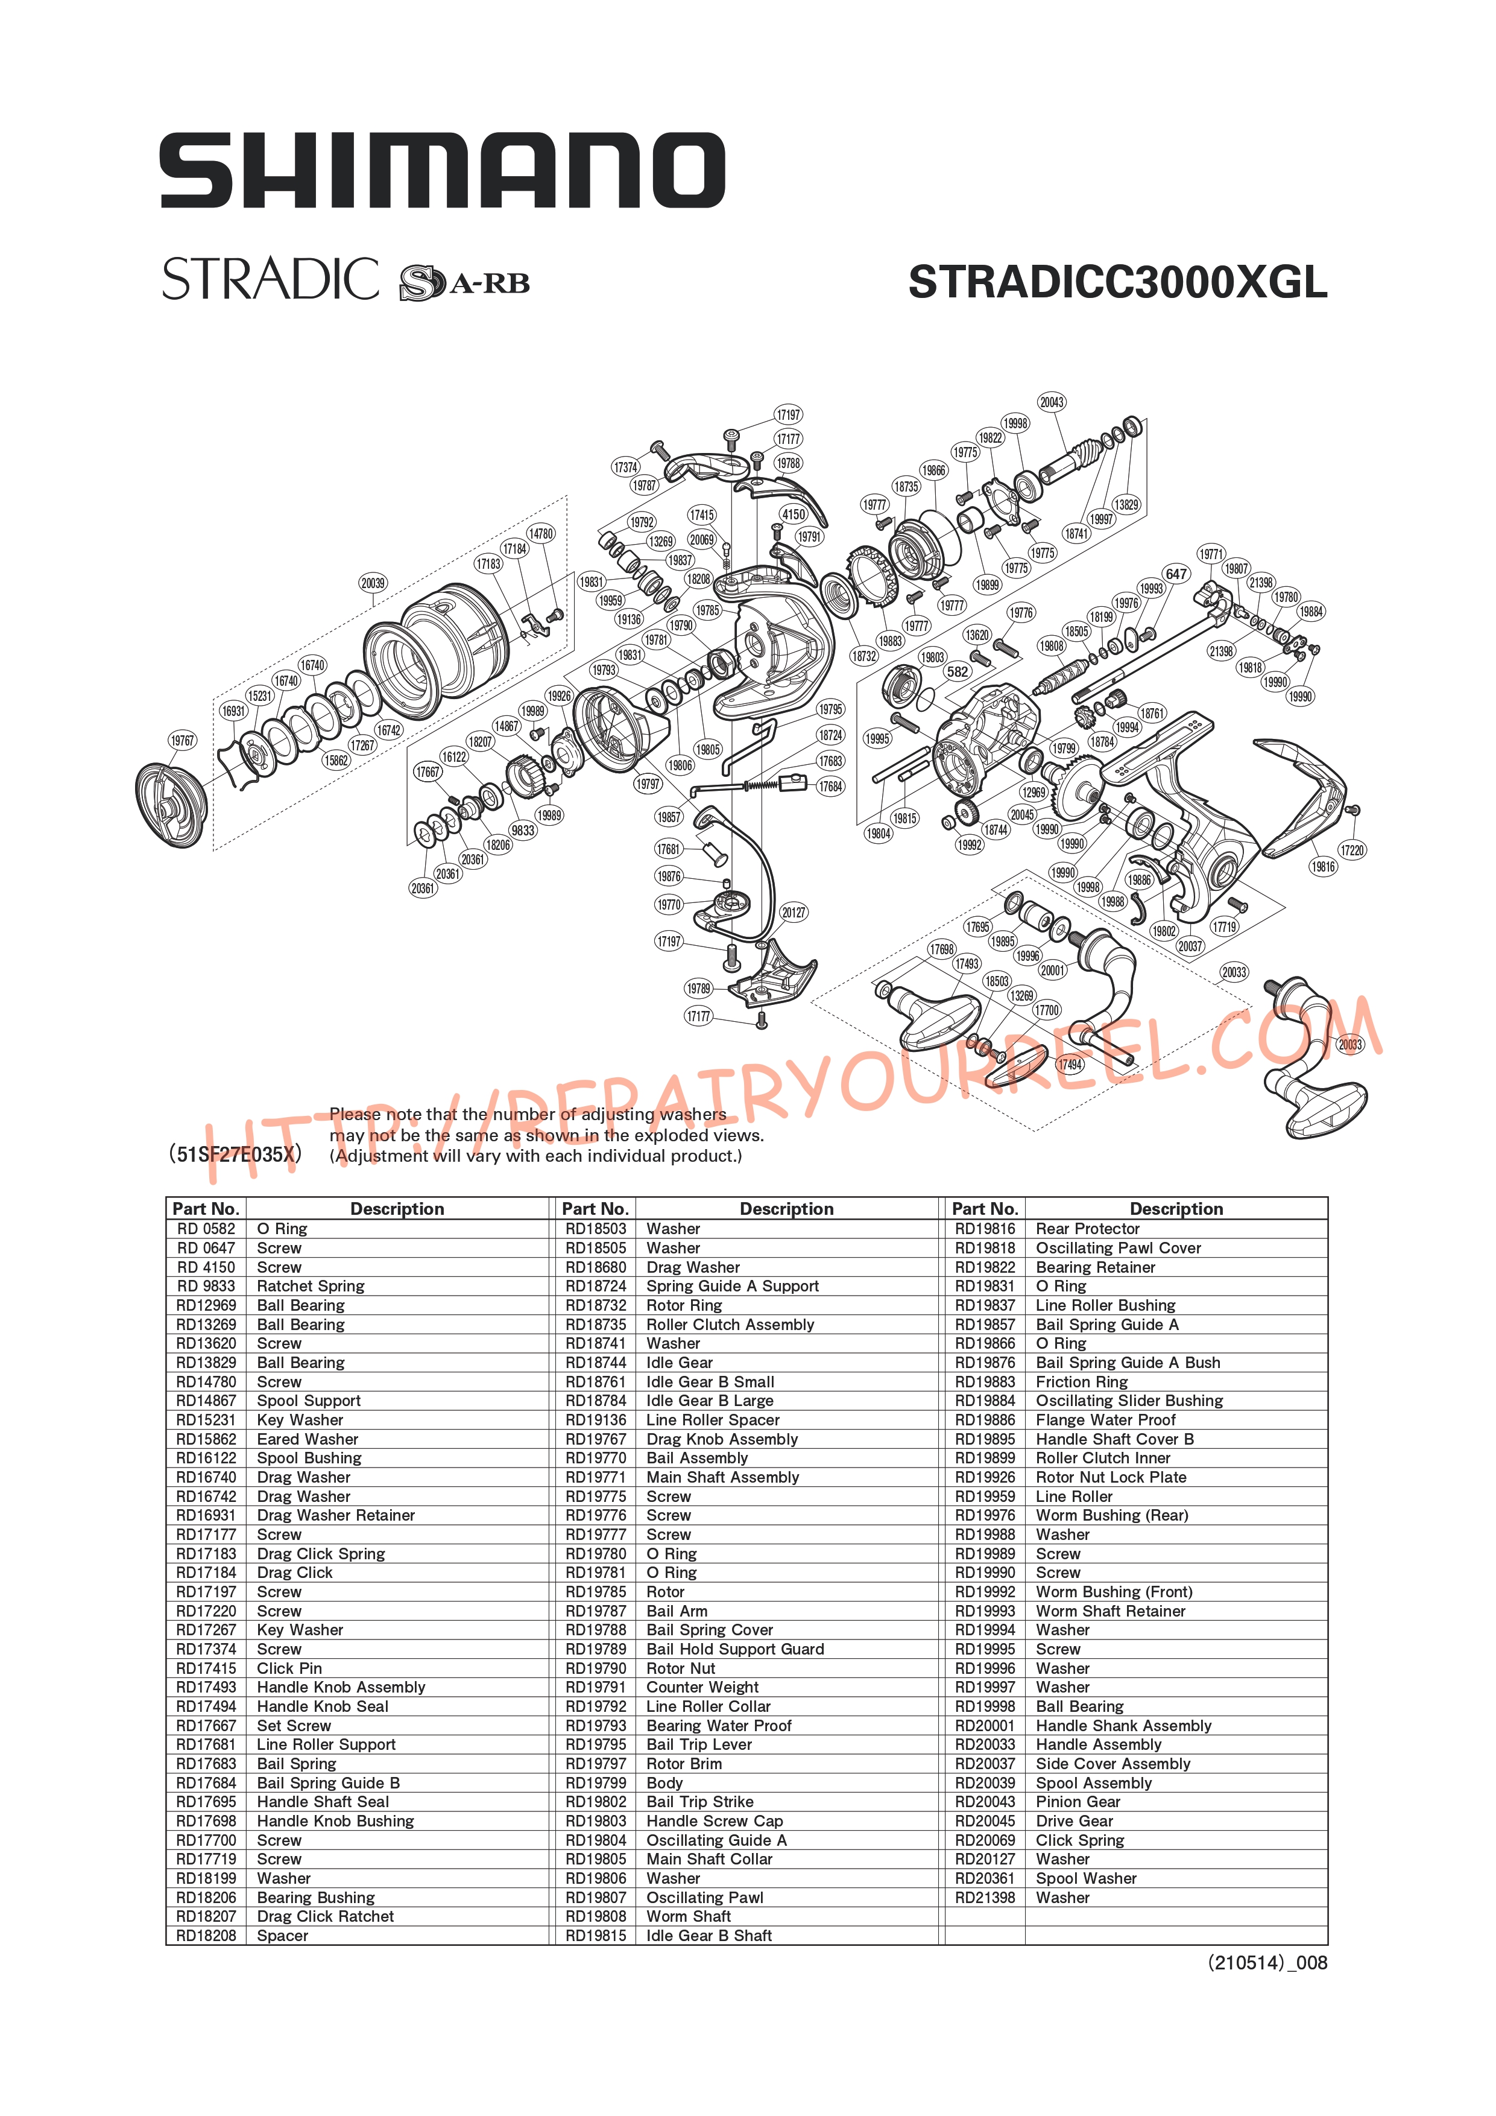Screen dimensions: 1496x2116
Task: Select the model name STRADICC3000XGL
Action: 1117,282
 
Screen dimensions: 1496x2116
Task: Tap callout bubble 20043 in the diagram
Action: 1052,402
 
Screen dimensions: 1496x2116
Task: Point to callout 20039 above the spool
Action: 373,583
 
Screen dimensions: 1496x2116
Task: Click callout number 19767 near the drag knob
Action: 182,741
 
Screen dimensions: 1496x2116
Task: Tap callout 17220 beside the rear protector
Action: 1351,851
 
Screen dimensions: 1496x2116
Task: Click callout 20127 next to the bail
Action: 793,913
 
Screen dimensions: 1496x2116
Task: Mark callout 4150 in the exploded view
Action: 793,515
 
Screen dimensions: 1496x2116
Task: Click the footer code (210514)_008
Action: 1267,1962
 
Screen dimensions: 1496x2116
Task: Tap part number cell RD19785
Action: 596,1592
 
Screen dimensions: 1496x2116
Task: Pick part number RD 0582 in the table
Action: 206,1229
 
